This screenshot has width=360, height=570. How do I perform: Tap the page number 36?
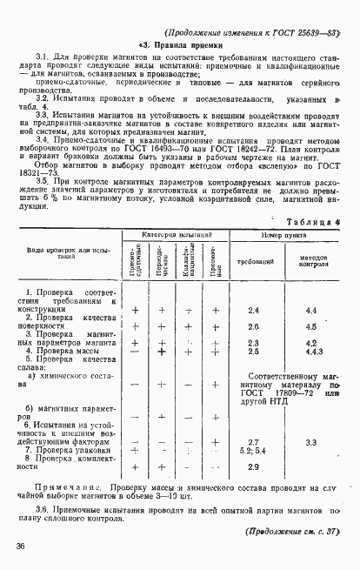coord(18,546)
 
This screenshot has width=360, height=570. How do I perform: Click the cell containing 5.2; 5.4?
coord(253,451)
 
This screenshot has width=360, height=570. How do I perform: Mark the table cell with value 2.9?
coord(254,467)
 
